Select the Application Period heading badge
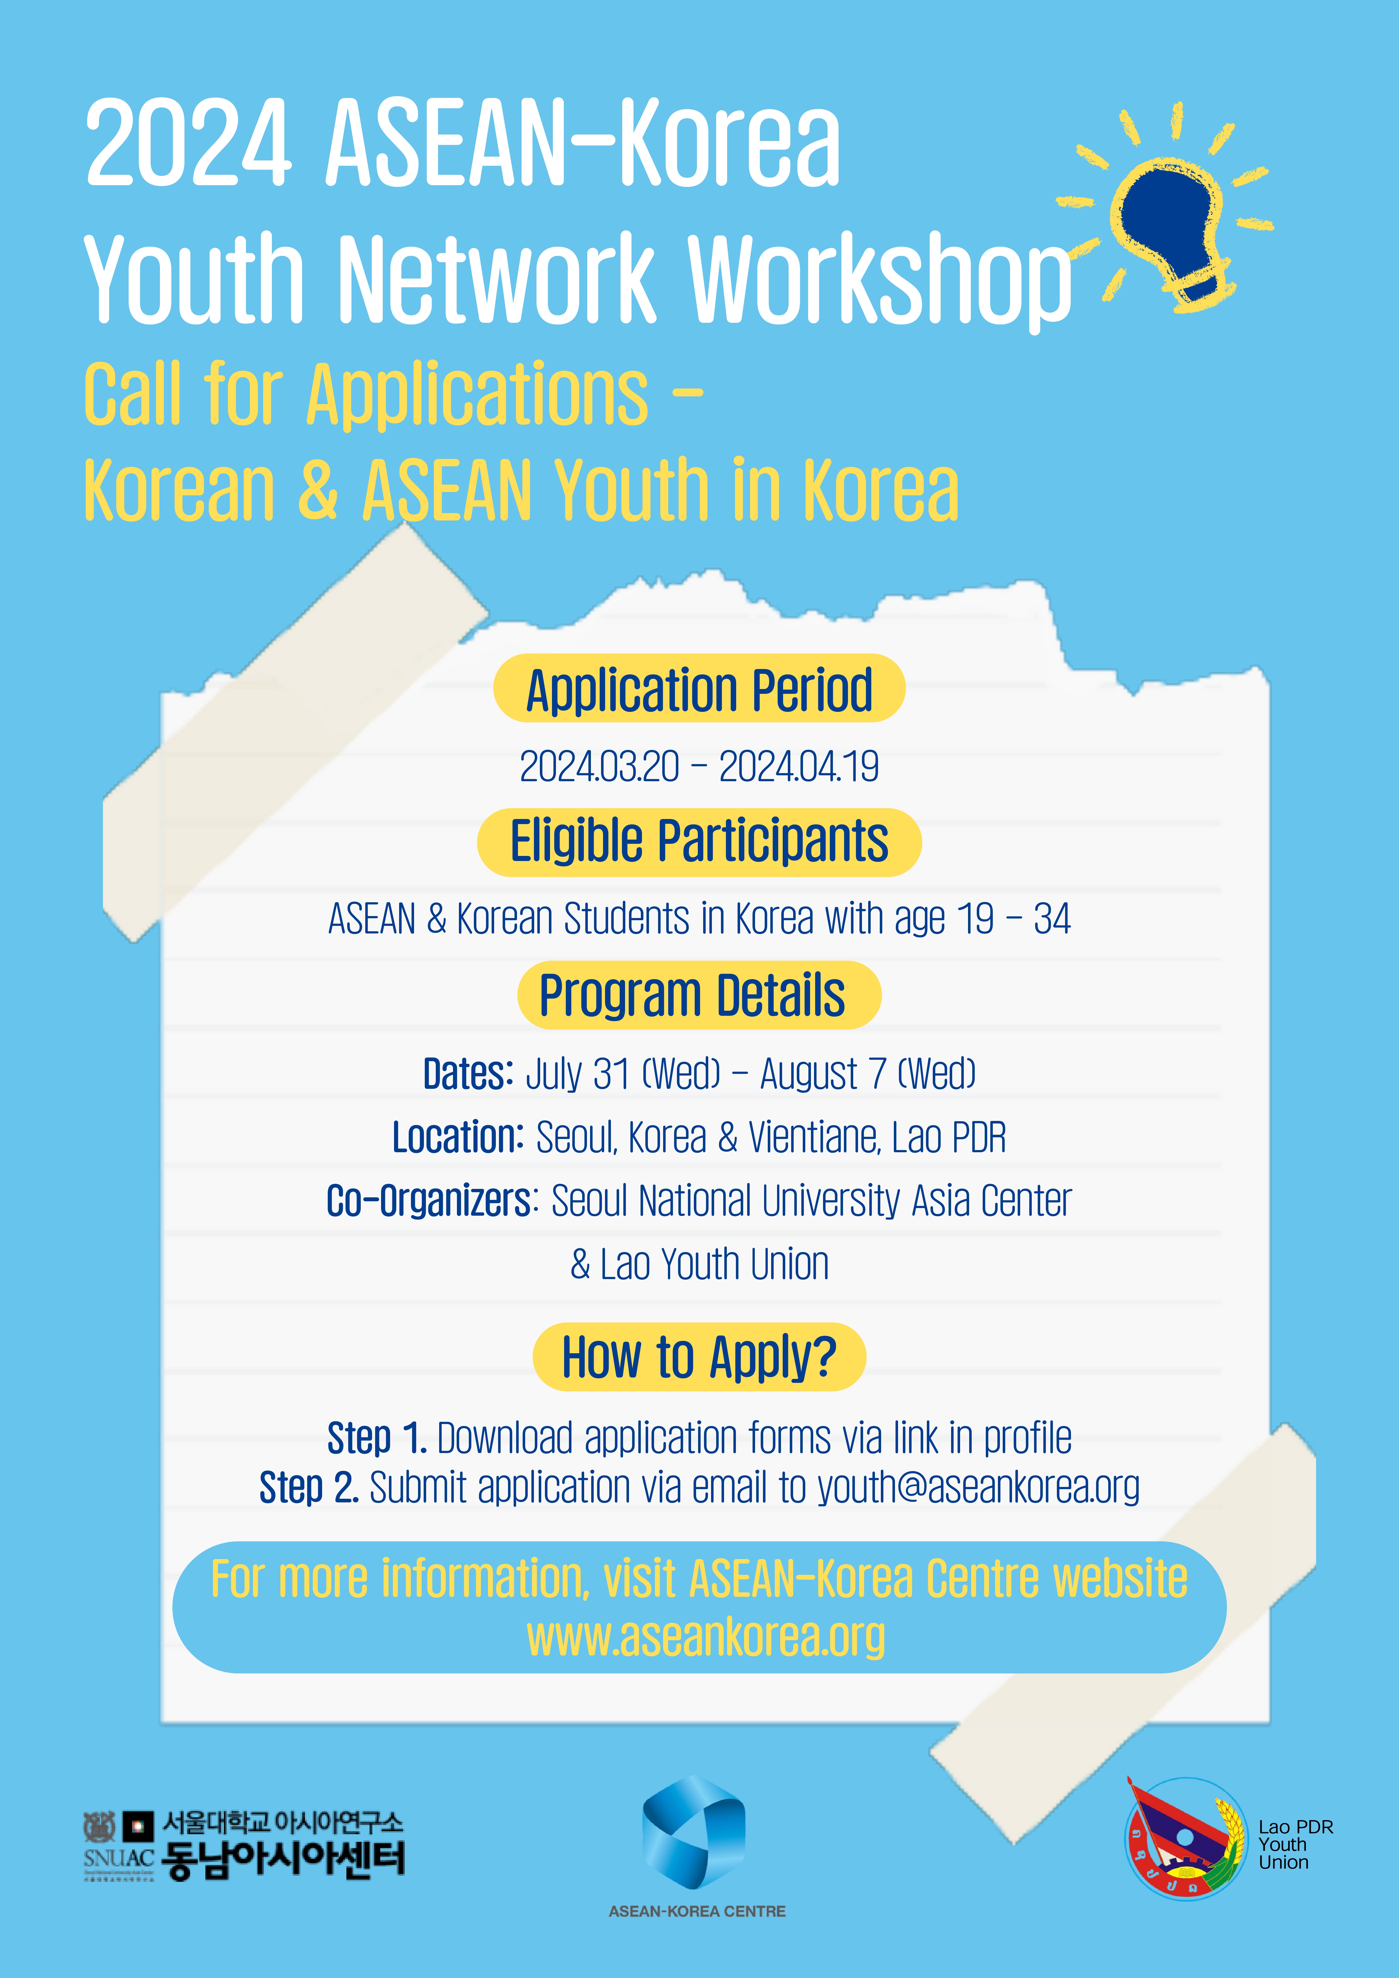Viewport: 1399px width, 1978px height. [x=699, y=688]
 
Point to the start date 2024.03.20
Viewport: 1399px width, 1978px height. [x=599, y=766]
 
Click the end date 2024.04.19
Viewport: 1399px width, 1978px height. [x=799, y=766]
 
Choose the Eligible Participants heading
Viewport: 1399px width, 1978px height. [x=699, y=842]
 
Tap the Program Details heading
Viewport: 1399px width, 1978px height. [x=699, y=995]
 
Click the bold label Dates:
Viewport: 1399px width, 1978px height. [x=468, y=1073]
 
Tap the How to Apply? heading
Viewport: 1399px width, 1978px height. [x=699, y=1357]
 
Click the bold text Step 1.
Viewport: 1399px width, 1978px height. [x=377, y=1438]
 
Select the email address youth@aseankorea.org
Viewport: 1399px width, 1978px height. [x=978, y=1487]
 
